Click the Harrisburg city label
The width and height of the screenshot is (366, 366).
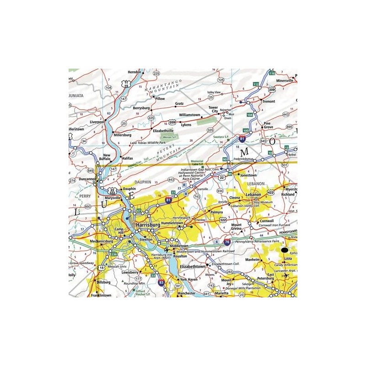[x=150, y=225]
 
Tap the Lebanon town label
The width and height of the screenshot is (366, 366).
[x=253, y=194]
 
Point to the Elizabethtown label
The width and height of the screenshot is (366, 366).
[x=191, y=265]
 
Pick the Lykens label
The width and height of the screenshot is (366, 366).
[x=186, y=124]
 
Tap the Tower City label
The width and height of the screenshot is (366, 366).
[x=214, y=109]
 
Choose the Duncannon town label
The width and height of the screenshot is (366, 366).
[x=87, y=179]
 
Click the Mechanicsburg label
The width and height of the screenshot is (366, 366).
[x=101, y=240]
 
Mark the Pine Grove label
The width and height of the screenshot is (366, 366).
[x=268, y=125]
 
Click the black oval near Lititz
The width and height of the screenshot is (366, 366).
[x=285, y=250]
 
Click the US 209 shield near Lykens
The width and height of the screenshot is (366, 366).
[x=172, y=122]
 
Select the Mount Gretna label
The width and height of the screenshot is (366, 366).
[x=237, y=228]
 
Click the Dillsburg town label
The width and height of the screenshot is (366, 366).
[x=103, y=282]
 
